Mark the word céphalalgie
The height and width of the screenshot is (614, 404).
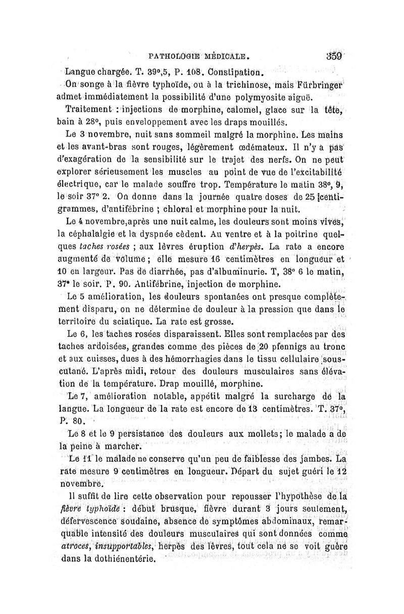pyautogui.click(x=86, y=234)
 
